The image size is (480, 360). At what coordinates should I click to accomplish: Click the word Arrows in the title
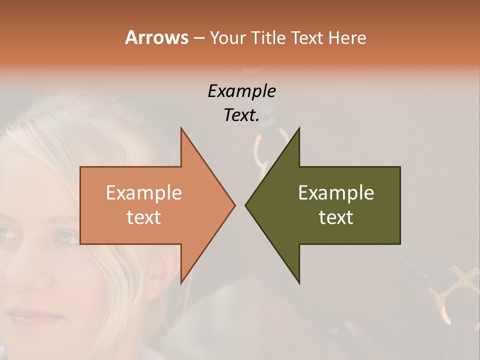pyautogui.click(x=156, y=37)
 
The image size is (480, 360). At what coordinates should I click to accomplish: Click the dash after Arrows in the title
pyautogui.click(x=198, y=38)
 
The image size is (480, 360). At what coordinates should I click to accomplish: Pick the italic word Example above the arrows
pyautogui.click(x=241, y=91)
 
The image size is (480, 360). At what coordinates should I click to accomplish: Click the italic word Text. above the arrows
pyautogui.click(x=241, y=115)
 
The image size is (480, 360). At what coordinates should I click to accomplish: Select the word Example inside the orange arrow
pyautogui.click(x=143, y=193)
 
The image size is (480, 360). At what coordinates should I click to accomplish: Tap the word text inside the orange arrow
pyautogui.click(x=143, y=217)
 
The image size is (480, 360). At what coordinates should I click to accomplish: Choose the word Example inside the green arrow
pyautogui.click(x=336, y=193)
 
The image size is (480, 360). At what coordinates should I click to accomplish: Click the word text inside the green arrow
pyautogui.click(x=336, y=217)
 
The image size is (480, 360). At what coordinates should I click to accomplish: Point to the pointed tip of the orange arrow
pyautogui.click(x=234, y=205)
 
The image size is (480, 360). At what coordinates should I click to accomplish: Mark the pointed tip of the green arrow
pyautogui.click(x=245, y=205)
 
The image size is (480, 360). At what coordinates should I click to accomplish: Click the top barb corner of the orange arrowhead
pyautogui.click(x=181, y=128)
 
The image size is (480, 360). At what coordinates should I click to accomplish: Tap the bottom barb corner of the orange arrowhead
pyautogui.click(x=181, y=283)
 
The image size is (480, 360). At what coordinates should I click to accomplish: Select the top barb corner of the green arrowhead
pyautogui.click(x=299, y=128)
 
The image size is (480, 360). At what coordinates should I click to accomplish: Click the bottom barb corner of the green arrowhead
pyautogui.click(x=299, y=283)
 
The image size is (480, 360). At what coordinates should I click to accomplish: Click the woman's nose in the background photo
pyautogui.click(x=35, y=277)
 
